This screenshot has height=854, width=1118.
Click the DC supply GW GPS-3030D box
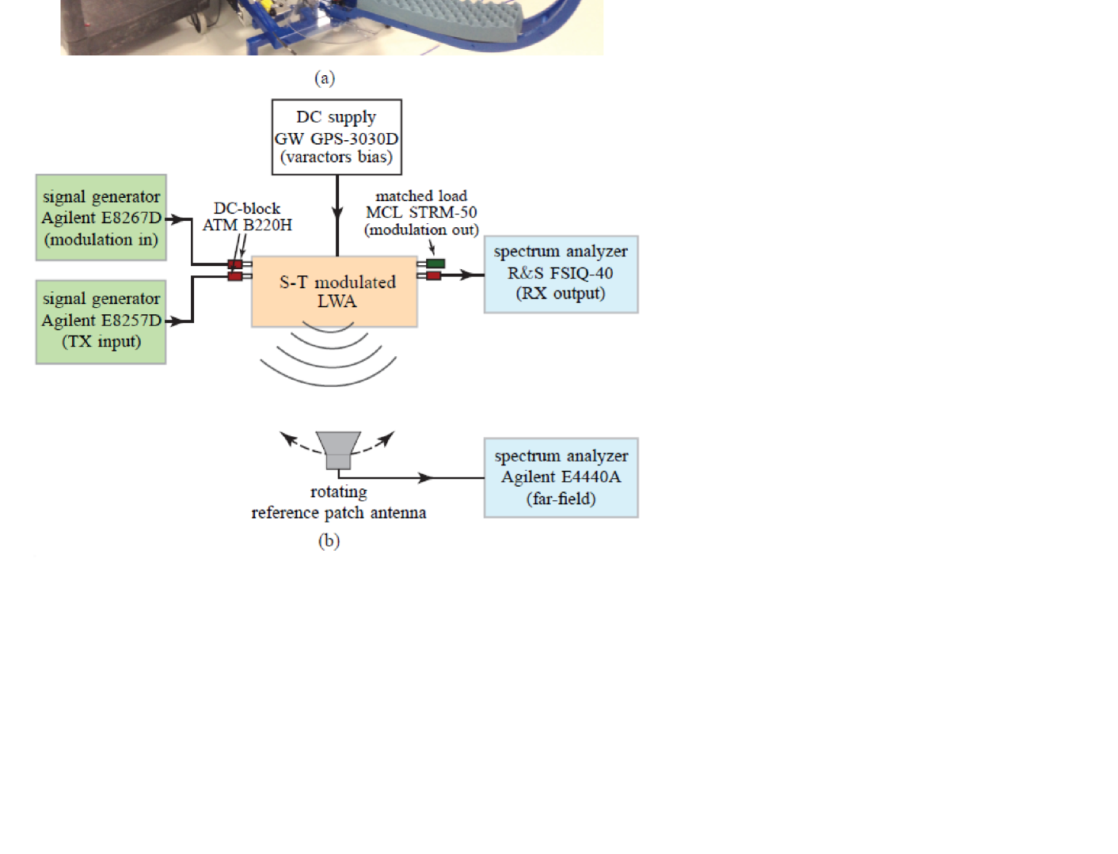(x=337, y=136)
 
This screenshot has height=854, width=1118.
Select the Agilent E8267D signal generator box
(x=101, y=218)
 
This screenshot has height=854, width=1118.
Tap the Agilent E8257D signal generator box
(x=101, y=321)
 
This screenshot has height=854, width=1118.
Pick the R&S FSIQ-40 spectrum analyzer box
(x=561, y=274)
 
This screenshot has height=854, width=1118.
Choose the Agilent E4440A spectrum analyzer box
(x=561, y=477)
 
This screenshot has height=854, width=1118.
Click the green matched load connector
(x=435, y=264)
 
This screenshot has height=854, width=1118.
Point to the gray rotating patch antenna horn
(x=338, y=450)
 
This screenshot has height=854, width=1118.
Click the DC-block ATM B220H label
(x=247, y=217)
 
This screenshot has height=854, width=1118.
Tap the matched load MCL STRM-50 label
(x=421, y=212)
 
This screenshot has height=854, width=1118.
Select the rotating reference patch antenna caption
(x=339, y=503)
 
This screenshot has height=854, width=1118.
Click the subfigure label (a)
(x=325, y=78)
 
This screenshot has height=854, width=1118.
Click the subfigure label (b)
(x=329, y=541)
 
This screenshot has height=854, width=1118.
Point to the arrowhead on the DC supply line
(x=337, y=212)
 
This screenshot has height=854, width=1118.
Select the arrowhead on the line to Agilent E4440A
(x=426, y=478)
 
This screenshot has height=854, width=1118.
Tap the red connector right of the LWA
(x=433, y=275)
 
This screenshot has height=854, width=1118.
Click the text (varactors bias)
(x=337, y=157)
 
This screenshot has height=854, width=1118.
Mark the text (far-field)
(x=561, y=499)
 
